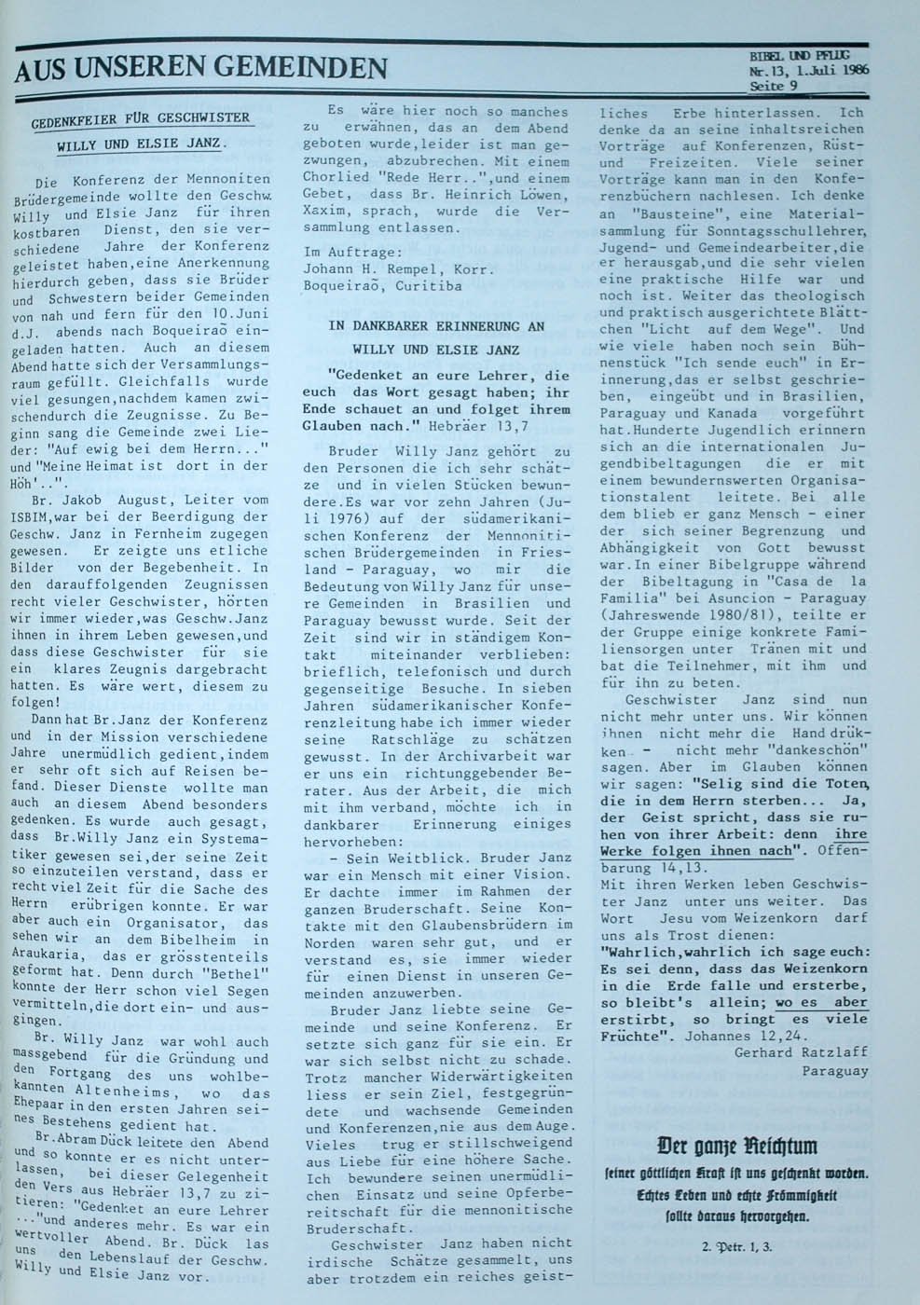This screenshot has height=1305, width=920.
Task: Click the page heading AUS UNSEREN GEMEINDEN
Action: tap(200, 68)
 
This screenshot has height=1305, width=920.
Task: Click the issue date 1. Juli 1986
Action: tap(825, 70)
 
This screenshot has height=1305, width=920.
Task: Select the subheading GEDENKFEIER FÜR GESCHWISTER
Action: tap(141, 119)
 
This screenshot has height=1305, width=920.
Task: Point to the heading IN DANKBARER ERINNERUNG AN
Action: tap(436, 326)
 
